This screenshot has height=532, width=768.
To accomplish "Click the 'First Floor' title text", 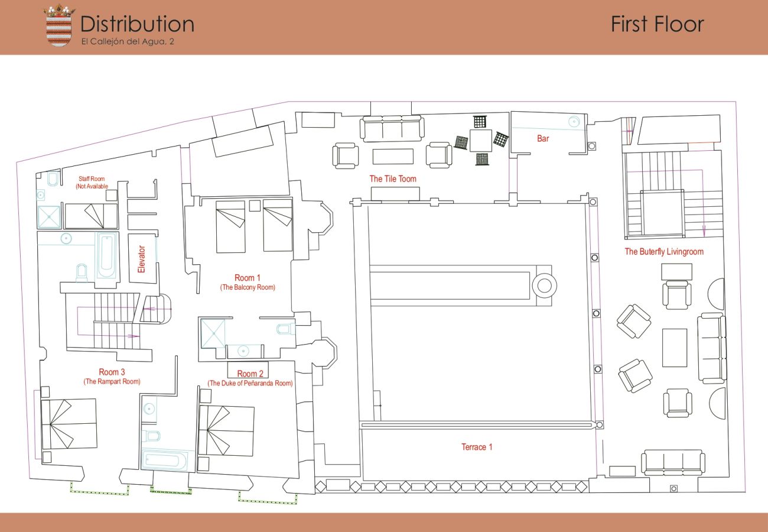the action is click(658, 24).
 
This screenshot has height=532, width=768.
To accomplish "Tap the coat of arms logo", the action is click(58, 25).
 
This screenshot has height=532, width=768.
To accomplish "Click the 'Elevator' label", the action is click(141, 259).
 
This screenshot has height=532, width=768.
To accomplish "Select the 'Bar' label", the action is click(543, 138).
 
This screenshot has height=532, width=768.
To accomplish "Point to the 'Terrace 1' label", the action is click(477, 447).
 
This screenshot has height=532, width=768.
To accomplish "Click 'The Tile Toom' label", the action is click(393, 179).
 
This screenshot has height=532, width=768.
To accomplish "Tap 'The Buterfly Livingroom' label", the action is click(664, 252).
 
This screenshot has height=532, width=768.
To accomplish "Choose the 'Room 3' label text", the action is click(112, 372).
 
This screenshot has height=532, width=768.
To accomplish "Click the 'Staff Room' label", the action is click(92, 179).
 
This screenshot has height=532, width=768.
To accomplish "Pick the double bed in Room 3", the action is click(69, 424).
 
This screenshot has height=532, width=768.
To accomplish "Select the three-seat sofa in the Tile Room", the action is click(392, 128).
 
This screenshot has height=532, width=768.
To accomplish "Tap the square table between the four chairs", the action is click(481, 141).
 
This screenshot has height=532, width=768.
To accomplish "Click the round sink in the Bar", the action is click(574, 121).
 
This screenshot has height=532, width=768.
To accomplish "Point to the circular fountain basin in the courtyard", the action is click(544, 286).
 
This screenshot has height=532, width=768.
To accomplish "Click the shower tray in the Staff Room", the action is click(49, 217).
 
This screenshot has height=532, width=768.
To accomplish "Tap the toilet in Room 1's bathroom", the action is click(285, 329).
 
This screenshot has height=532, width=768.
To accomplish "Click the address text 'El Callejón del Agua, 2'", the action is click(128, 41).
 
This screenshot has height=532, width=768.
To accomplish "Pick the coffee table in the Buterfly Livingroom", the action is click(675, 348).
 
